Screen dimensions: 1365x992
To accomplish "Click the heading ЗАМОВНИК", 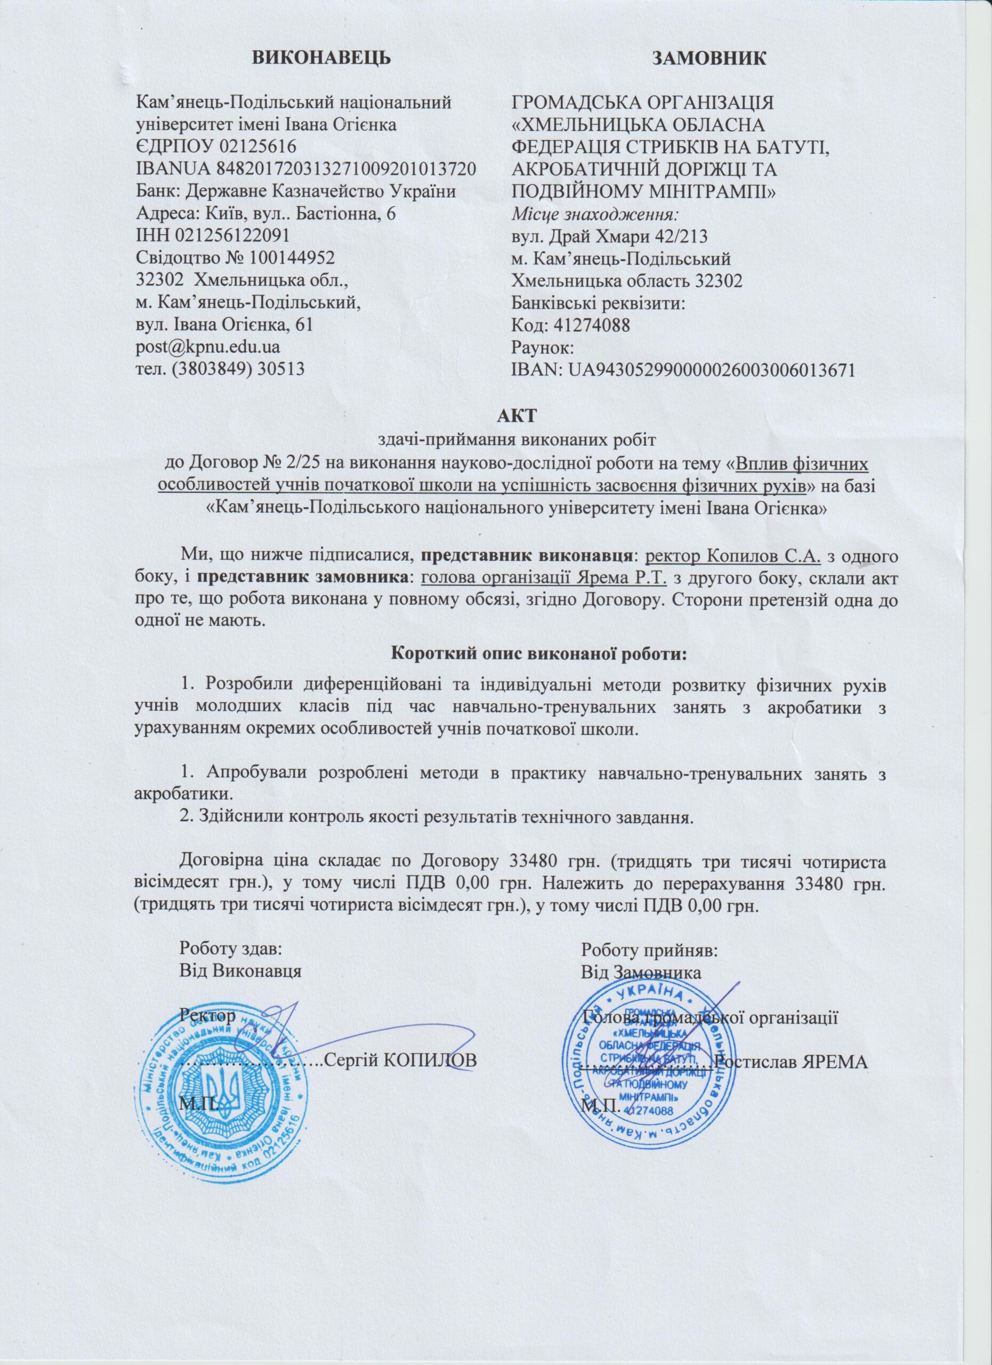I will click(x=710, y=58).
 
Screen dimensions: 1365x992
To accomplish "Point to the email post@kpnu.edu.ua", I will click(x=207, y=347).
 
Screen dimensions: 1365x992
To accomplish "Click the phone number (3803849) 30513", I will click(x=238, y=368).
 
